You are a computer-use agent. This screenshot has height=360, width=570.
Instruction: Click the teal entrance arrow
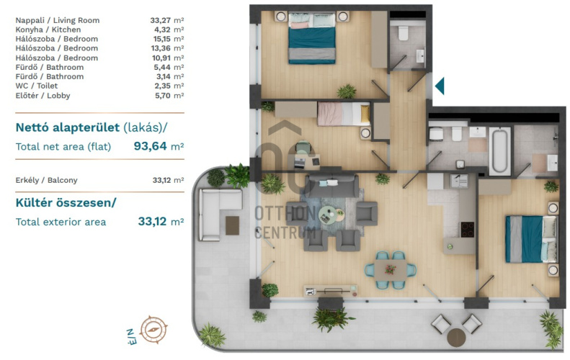pyautogui.click(x=440, y=86)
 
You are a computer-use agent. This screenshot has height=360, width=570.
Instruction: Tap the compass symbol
pyautogui.click(x=153, y=330)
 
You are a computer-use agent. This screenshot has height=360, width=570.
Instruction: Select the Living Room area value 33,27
pyautogui.click(x=160, y=20)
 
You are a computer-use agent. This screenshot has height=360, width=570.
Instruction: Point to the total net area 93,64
pyautogui.click(x=150, y=146)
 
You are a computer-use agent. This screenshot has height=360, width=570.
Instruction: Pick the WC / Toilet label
pyautogui.click(x=36, y=86)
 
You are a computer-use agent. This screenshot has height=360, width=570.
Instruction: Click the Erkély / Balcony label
pyautogui.click(x=47, y=180)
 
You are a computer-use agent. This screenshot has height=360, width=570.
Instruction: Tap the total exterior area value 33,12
pyautogui.click(x=152, y=221)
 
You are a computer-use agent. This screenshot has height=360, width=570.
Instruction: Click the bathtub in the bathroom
pyautogui.click(x=499, y=151)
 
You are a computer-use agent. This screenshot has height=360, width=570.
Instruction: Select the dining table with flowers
pyautogui.click(x=391, y=270)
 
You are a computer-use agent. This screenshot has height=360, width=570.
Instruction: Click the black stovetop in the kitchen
pyautogui.click(x=468, y=230)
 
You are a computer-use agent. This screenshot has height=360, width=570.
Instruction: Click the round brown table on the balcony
pyautogui.click(x=456, y=338)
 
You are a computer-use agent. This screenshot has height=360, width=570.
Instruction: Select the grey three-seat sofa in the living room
pyautogui.click(x=331, y=185)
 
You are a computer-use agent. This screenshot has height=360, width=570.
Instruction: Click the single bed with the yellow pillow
pyautogui.click(x=344, y=114)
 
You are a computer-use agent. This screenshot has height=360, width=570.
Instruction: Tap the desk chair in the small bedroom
pyautogui.click(x=303, y=147)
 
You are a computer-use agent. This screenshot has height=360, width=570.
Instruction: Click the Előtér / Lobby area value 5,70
pyautogui.click(x=162, y=96)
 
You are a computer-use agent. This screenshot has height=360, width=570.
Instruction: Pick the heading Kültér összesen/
pyautogui.click(x=66, y=203)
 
